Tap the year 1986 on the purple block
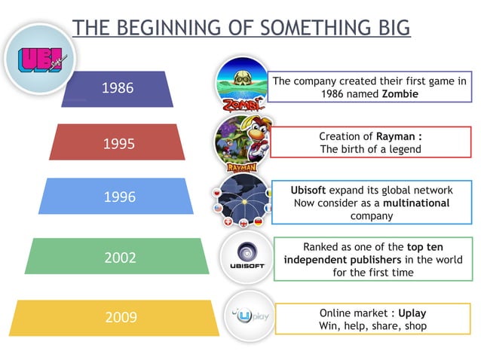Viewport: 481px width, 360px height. pyautogui.click(x=117, y=88)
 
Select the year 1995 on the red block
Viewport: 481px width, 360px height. pyautogui.click(x=117, y=142)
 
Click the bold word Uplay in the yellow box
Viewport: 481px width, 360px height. pyautogui.click(x=412, y=312)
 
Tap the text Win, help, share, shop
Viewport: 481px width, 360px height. pyautogui.click(x=372, y=325)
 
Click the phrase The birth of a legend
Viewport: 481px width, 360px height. pyautogui.click(x=370, y=148)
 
